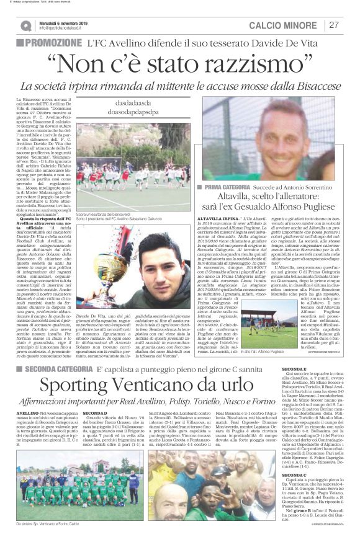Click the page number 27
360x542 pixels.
click(x=334, y=25)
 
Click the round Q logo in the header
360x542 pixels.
click(x=25, y=25)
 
